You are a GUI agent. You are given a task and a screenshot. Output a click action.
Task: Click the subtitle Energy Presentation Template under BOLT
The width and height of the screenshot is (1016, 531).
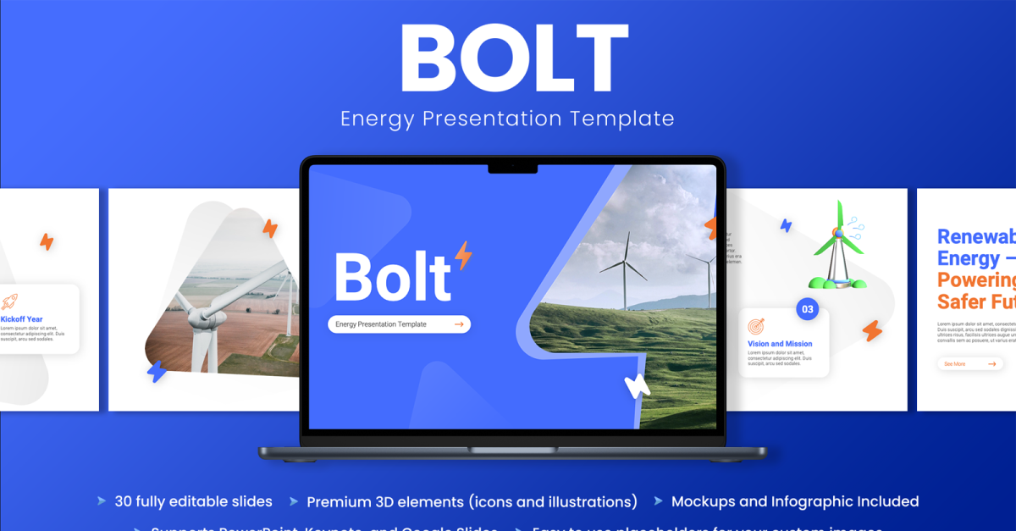tap(507, 119)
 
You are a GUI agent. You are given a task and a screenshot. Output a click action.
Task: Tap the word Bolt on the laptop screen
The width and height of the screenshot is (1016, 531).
tap(393, 276)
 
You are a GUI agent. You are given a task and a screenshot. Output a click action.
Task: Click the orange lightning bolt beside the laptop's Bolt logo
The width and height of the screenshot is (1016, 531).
tap(463, 254)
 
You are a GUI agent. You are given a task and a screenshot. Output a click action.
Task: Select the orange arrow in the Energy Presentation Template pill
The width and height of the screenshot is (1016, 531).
tap(459, 324)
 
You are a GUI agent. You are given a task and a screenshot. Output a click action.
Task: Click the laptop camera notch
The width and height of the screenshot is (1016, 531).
tap(512, 169)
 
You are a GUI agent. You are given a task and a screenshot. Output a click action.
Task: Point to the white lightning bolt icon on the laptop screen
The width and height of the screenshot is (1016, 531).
tap(636, 385)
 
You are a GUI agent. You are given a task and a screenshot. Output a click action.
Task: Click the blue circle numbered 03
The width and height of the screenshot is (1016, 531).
tap(807, 309)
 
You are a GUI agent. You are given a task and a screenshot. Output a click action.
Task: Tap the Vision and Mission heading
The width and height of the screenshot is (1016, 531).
tap(780, 344)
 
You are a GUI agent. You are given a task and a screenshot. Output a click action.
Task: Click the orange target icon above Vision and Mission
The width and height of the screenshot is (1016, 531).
tap(756, 326)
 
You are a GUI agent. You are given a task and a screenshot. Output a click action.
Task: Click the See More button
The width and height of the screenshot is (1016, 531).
tap(969, 363)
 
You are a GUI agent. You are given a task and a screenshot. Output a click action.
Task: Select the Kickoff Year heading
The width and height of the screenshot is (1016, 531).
tap(22, 319)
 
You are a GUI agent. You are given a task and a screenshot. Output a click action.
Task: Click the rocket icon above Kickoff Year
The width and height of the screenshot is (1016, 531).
tap(9, 301)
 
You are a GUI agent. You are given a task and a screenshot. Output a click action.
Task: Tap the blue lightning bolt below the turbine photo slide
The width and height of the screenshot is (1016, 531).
tap(157, 371)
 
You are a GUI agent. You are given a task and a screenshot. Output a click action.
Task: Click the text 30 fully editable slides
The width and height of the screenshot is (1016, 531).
tap(193, 501)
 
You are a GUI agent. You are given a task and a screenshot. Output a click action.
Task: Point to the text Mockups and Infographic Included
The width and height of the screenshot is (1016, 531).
tap(794, 501)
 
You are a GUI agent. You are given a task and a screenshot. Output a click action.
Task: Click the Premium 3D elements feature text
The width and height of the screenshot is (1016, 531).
tap(472, 502)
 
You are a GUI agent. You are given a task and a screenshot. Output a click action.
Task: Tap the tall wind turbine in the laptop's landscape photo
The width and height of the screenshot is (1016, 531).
tap(625, 271)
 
